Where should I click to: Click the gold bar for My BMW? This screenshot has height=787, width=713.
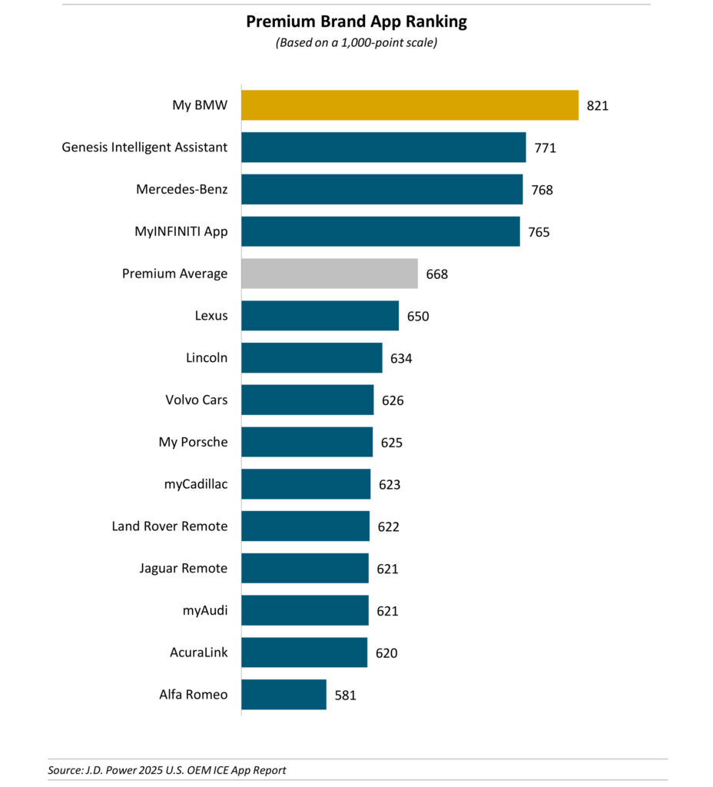(x=410, y=105)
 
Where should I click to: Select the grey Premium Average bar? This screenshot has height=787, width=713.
(x=330, y=274)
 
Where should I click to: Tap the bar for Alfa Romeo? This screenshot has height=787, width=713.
(x=284, y=695)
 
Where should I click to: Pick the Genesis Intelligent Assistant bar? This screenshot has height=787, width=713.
(x=383, y=147)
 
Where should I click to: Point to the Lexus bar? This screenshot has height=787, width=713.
(x=320, y=316)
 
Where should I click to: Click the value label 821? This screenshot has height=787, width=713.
(x=597, y=105)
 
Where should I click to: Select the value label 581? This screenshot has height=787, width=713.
(x=346, y=696)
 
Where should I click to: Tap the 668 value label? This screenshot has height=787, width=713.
(x=436, y=274)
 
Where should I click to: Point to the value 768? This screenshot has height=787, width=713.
(x=542, y=190)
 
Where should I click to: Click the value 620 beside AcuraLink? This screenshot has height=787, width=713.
(x=386, y=653)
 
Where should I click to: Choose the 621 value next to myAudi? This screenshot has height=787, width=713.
(x=387, y=611)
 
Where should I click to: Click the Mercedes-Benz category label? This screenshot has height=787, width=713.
(x=181, y=189)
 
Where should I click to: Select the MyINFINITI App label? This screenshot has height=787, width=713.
(x=181, y=231)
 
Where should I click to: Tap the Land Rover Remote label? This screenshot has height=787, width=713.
(x=169, y=526)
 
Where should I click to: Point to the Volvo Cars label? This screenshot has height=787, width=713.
(x=196, y=400)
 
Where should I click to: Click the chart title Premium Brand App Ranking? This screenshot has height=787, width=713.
(x=356, y=22)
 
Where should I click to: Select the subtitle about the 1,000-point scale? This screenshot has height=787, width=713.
(x=356, y=43)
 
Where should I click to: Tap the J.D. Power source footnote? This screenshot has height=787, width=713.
(x=166, y=769)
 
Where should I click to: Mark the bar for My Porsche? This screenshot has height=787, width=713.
(x=307, y=442)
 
